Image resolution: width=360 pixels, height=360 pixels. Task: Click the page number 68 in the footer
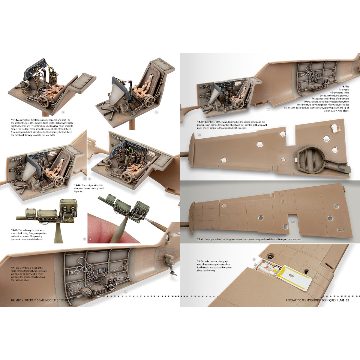click(12, 300)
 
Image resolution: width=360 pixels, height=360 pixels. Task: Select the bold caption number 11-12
click(14, 119)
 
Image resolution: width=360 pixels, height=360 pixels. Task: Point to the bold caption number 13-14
click(77, 185)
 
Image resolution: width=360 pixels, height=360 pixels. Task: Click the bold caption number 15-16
click(14, 230)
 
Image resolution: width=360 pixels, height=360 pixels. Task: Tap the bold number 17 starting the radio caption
click(12, 268)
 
